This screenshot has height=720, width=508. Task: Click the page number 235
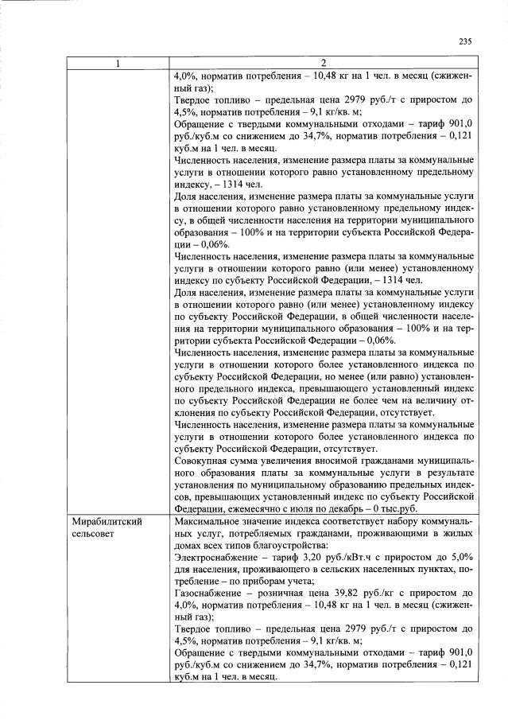click(465, 42)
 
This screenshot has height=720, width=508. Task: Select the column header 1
click(118, 64)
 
